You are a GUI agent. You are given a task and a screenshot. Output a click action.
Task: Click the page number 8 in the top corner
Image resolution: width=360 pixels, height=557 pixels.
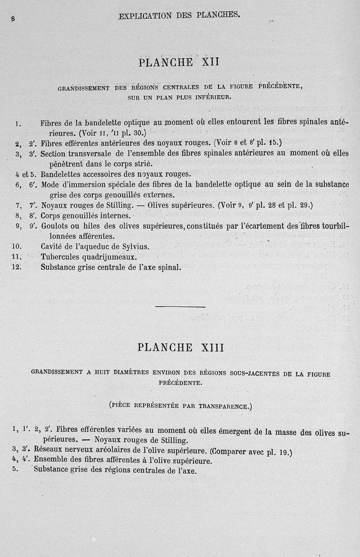click(13, 19)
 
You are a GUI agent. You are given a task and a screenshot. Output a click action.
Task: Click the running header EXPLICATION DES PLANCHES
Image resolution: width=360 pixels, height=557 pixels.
click(179, 15)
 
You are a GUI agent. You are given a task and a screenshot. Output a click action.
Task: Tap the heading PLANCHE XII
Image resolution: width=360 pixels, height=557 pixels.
click(179, 62)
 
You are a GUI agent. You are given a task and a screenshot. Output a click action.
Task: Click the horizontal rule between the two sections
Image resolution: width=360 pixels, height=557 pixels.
click(180, 307)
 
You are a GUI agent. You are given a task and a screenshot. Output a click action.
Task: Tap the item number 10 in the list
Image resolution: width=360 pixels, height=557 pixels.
click(18, 247)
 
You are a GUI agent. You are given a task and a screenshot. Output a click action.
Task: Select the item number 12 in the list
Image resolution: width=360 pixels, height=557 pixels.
click(18, 267)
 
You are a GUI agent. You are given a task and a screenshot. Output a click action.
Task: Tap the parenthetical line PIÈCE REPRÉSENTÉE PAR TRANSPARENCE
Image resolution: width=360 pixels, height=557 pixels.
click(180, 405)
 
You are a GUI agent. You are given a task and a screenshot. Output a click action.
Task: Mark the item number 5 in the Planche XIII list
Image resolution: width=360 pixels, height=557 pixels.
click(15, 469)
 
